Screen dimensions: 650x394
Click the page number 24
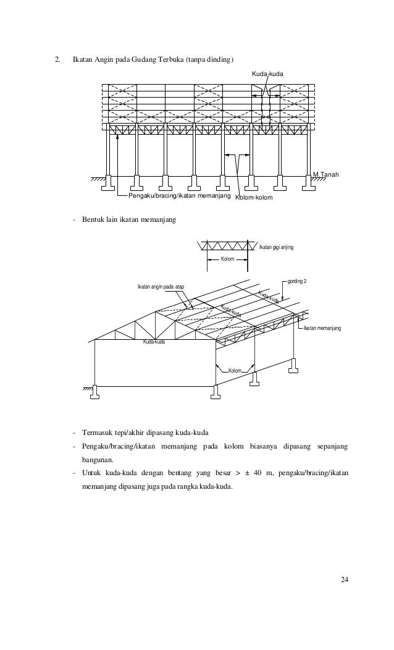click(x=345, y=579)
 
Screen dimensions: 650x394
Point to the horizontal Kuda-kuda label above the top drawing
click(x=267, y=74)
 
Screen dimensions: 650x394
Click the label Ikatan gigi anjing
click(x=276, y=247)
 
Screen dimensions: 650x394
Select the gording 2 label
click(x=297, y=281)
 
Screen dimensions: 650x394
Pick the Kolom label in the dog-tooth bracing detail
click(x=227, y=260)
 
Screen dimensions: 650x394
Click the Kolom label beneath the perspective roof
click(x=235, y=371)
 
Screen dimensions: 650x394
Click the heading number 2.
click(x=57, y=60)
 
